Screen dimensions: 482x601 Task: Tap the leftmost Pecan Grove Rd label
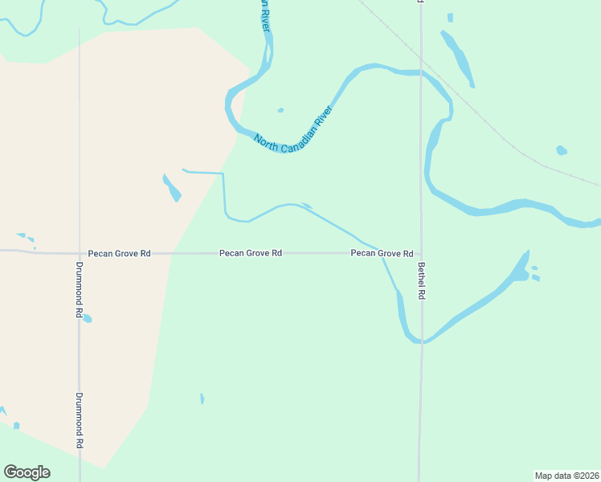tap(120, 253)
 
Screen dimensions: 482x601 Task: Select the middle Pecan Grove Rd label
tap(251, 253)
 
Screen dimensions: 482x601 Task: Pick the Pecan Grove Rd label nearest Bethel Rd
tap(382, 253)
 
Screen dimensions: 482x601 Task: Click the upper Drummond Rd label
tap(80, 290)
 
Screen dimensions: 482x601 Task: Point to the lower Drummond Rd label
tap(80, 420)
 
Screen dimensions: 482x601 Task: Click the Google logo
tap(27, 472)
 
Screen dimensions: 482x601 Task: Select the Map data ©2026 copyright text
tap(566, 475)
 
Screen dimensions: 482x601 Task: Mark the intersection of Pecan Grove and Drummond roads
tap(79, 253)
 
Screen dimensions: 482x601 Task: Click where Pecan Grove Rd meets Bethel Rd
tap(420, 253)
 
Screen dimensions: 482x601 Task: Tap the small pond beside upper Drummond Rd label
tap(88, 319)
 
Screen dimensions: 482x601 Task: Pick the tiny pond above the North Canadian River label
tap(280, 110)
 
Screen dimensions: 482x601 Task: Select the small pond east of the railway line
tap(561, 150)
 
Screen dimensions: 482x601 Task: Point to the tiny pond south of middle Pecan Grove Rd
tap(202, 398)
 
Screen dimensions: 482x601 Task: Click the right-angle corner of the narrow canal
tap(223, 174)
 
